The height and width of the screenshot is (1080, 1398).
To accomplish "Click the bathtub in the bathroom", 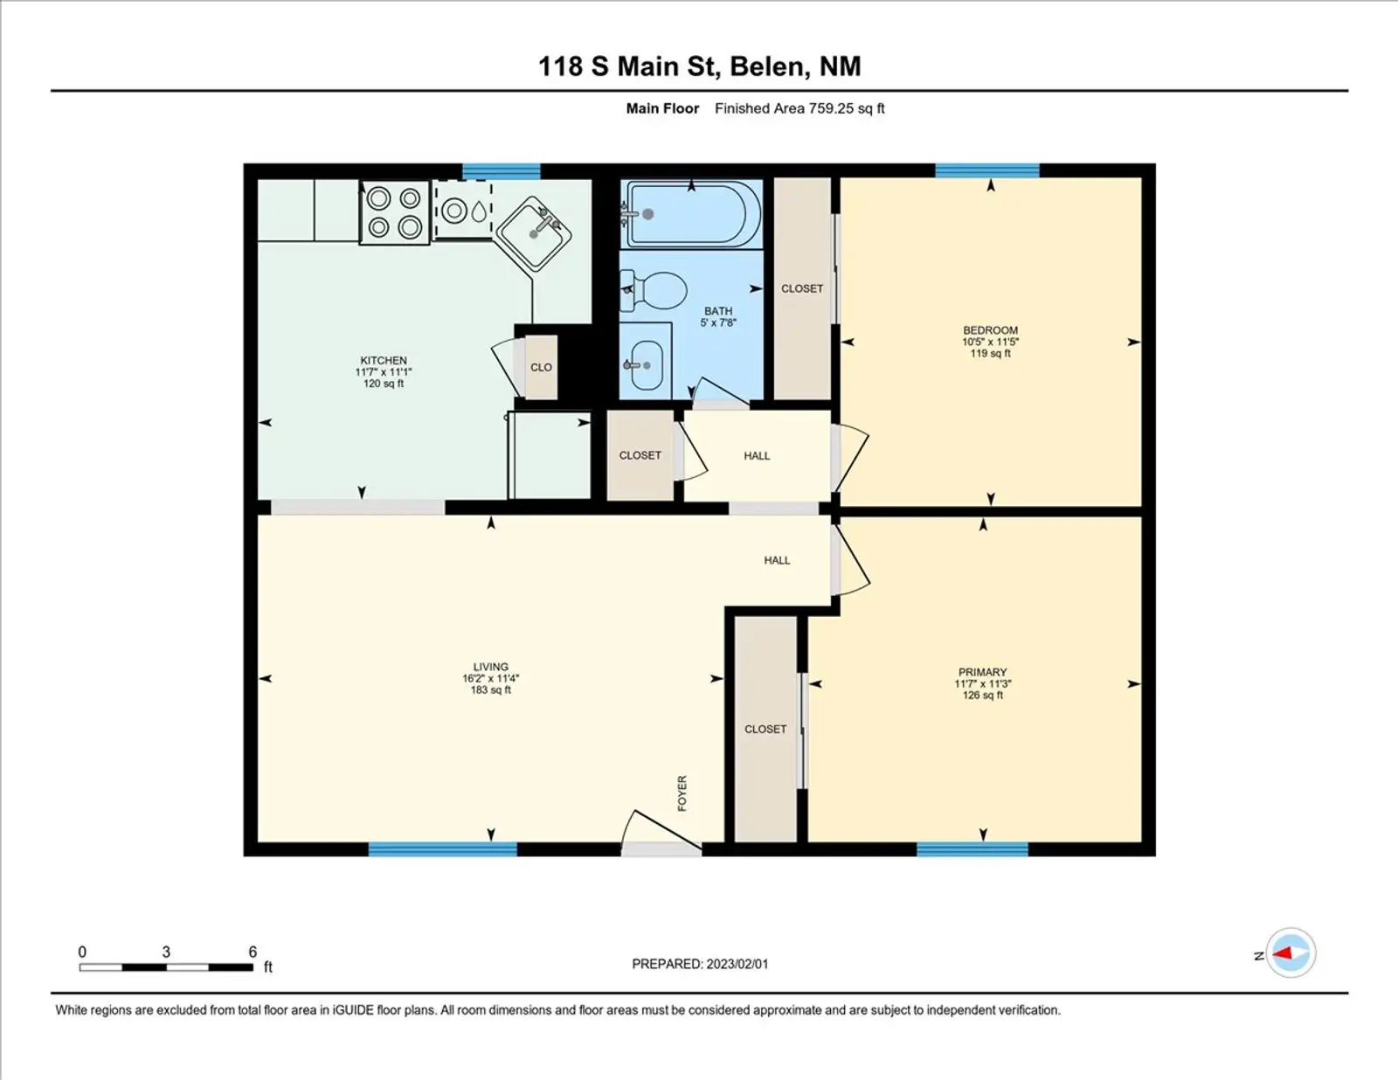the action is [x=691, y=214].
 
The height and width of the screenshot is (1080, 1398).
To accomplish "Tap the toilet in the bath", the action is [x=653, y=290].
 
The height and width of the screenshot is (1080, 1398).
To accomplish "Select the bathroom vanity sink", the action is [x=646, y=364].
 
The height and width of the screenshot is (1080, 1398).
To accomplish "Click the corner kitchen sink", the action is [x=533, y=235].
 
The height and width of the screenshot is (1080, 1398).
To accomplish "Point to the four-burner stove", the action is [x=394, y=213].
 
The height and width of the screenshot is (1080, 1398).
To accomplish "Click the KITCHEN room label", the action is [x=384, y=360].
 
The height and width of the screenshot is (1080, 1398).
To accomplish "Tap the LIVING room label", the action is [x=491, y=667].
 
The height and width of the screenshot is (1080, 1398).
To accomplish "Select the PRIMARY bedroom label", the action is [x=982, y=672].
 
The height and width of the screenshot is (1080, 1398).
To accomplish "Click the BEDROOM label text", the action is [x=990, y=330].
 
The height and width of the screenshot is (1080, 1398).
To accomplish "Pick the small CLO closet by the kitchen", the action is [x=541, y=367].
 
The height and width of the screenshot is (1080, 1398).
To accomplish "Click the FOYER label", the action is [x=682, y=793].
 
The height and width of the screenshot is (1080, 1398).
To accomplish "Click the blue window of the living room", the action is [x=443, y=849].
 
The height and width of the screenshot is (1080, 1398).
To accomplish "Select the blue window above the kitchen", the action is [x=502, y=170].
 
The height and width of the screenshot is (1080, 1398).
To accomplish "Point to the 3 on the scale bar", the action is [x=166, y=952].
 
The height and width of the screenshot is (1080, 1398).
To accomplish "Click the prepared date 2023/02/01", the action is [x=737, y=964].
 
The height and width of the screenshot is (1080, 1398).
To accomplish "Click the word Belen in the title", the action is [x=765, y=67].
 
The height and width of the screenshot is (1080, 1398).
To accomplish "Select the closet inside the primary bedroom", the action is [x=765, y=729].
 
